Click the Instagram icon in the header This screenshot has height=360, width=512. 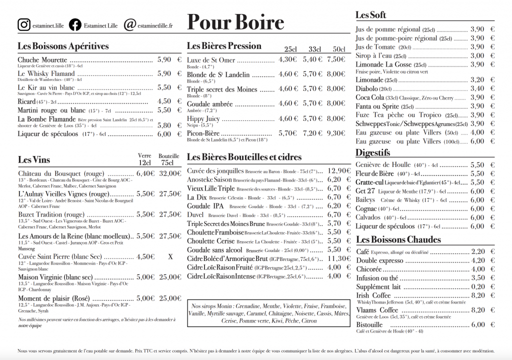pyautogui.click(x=23, y=24)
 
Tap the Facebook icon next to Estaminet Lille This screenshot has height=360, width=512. pyautogui.click(x=75, y=24)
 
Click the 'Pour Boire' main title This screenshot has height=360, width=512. pyautogui.click(x=235, y=22)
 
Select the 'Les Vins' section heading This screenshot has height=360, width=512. pyautogui.click(x=34, y=160)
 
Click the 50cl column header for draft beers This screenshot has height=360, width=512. pyautogui.click(x=339, y=49)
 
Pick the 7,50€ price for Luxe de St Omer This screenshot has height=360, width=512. pyautogui.click(x=336, y=59)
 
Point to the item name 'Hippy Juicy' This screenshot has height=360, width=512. pyautogui.click(x=203, y=119)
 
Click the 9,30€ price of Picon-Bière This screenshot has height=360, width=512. pyautogui.click(x=336, y=133)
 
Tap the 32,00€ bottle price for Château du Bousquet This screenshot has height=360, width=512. pyautogui.click(x=169, y=173)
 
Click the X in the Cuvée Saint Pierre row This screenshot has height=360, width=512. pyautogui.click(x=170, y=257)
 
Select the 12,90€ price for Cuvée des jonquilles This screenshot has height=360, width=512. pyautogui.click(x=339, y=170)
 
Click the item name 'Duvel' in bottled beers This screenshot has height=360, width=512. pyautogui.click(x=195, y=215)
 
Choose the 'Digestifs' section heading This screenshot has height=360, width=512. pyautogui.click(x=372, y=152)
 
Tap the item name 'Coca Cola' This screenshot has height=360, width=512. pyautogui.click(x=369, y=97)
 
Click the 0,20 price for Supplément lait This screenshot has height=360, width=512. pyautogui.click(x=477, y=286)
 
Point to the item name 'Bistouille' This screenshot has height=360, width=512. pyautogui.click(x=369, y=324)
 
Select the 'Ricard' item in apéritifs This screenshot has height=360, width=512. pyautogui.click(x=27, y=101)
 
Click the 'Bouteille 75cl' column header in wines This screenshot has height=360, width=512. pyautogui.click(x=168, y=159)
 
